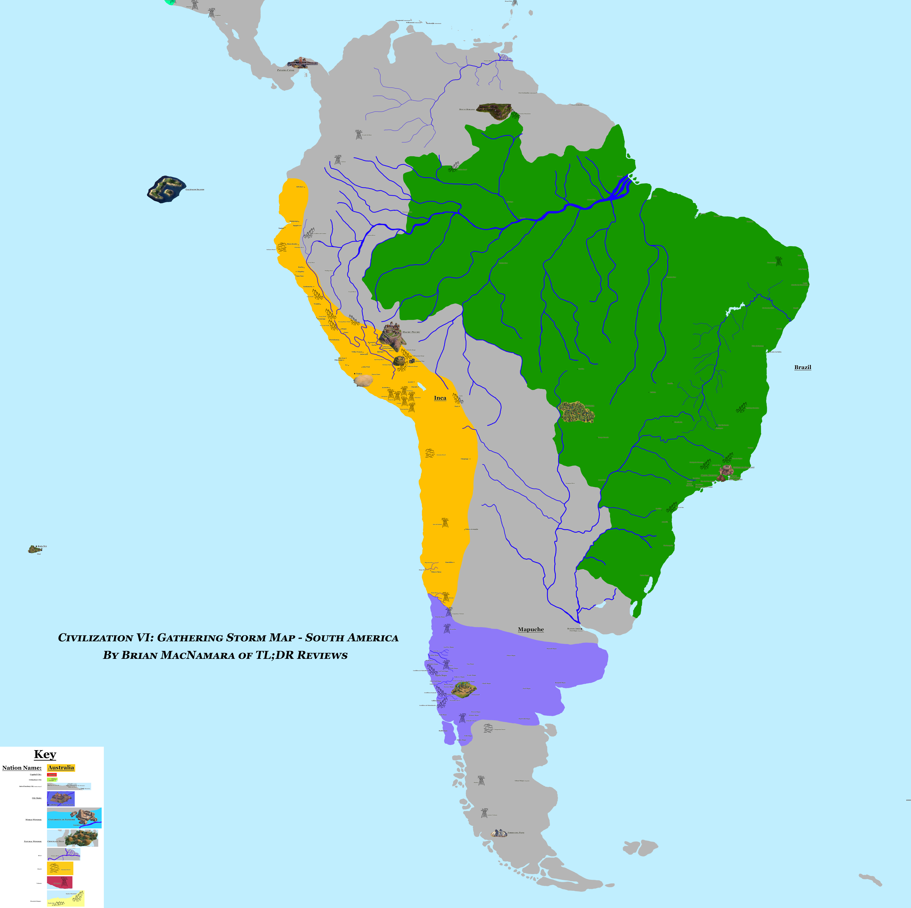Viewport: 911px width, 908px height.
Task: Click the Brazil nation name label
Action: tap(803, 367)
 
